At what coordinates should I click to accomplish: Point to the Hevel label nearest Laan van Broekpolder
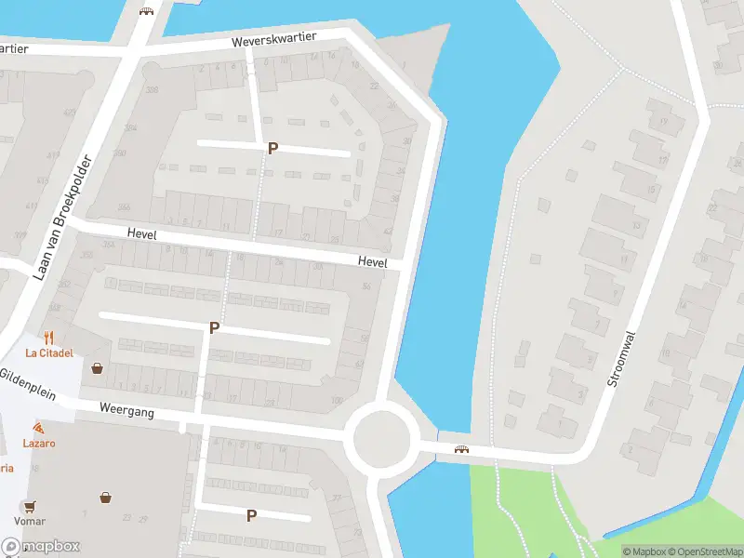[x=142, y=236]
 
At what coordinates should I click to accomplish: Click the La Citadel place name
[x=49, y=352]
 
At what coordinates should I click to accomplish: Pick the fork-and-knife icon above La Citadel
[x=49, y=338]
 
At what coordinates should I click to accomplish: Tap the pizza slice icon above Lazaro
[x=38, y=427]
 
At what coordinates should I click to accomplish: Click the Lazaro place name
[x=39, y=443]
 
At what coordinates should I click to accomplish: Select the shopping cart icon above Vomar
[x=30, y=507]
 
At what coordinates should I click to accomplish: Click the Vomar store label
[x=30, y=522]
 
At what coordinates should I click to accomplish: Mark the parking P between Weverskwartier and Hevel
[x=272, y=148]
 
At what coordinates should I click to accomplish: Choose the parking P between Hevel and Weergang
[x=214, y=327]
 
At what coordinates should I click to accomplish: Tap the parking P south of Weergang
[x=251, y=515]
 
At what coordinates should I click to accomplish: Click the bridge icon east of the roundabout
[x=460, y=450]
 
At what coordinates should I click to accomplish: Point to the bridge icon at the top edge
[x=145, y=10]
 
